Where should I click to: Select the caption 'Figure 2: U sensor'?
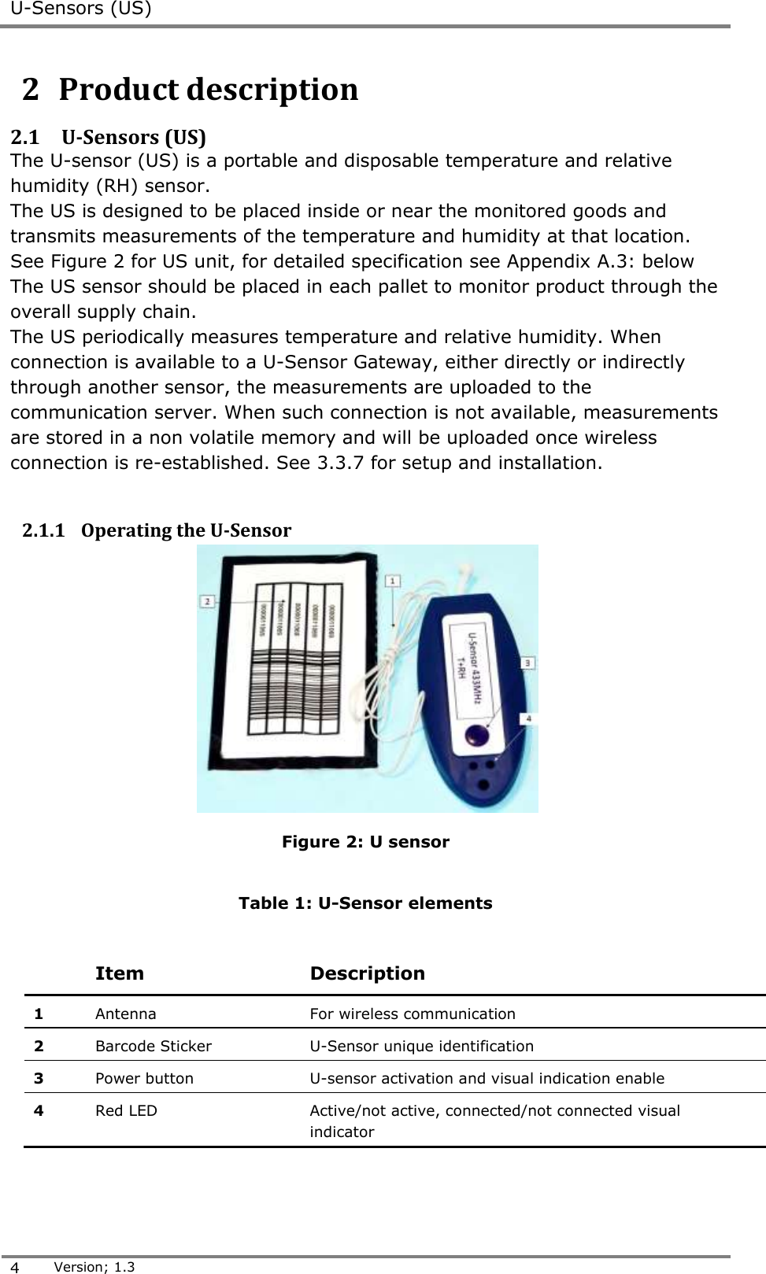point(365,842)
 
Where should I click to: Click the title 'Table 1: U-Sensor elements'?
point(365,903)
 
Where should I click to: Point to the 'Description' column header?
point(367,973)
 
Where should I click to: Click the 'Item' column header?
point(120,973)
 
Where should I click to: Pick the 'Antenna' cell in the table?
point(126,1014)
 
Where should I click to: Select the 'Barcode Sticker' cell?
point(154,1047)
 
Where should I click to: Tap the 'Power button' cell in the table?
point(144,1079)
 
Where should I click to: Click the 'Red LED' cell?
point(126,1111)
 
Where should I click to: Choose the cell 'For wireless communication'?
point(413,1014)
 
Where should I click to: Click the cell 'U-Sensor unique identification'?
point(421,1047)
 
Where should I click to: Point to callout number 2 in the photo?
point(208,601)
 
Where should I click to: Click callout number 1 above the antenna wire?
point(392,581)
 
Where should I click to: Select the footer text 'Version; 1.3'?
point(94,1267)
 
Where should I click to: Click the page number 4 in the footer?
point(17,1267)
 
